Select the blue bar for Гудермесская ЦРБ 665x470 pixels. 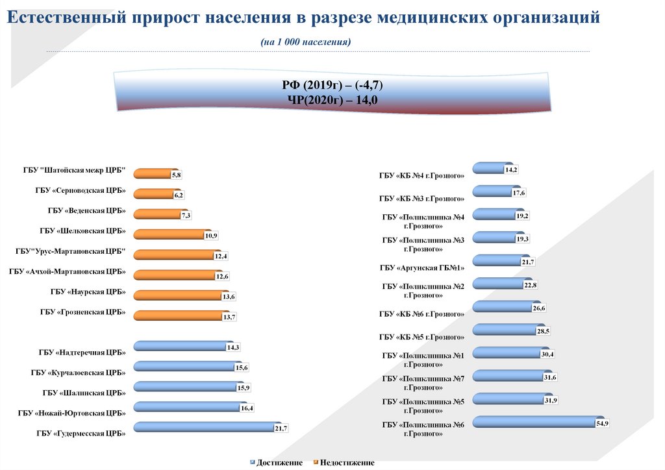[205, 427]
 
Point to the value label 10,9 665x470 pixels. [211, 236]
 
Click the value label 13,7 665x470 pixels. [229, 317]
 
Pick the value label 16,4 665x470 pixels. [247, 408]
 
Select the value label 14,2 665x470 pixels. [510, 169]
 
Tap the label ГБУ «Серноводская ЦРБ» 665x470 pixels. [81, 192]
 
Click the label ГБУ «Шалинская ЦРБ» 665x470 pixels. [84, 392]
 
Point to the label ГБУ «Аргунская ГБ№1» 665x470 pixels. [422, 267]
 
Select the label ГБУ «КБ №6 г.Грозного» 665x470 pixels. [421, 314]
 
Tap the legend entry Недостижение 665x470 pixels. [347, 463]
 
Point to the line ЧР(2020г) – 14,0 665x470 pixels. [332, 99]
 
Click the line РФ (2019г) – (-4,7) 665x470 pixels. [332, 85]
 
